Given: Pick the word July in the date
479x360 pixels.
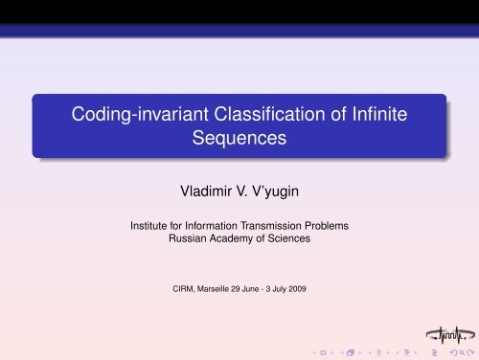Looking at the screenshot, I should [297, 286].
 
